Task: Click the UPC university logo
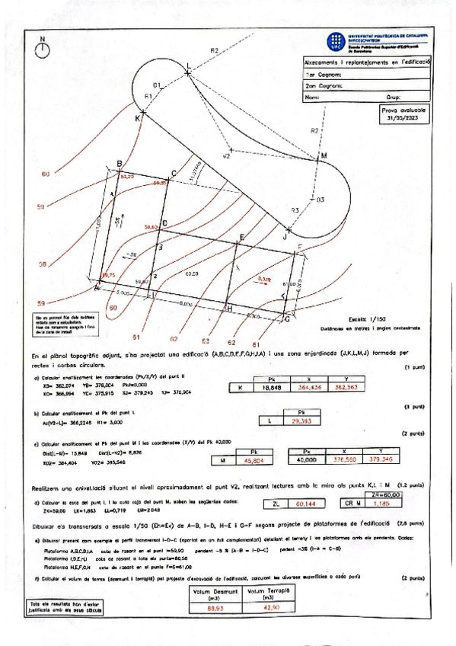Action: (x=334, y=41)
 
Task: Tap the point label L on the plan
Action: (x=189, y=64)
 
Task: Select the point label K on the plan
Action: (x=138, y=119)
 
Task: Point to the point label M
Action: (x=323, y=155)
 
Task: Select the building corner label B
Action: (x=119, y=164)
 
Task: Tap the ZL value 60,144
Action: (x=305, y=504)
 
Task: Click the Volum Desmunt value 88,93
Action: (x=215, y=607)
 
